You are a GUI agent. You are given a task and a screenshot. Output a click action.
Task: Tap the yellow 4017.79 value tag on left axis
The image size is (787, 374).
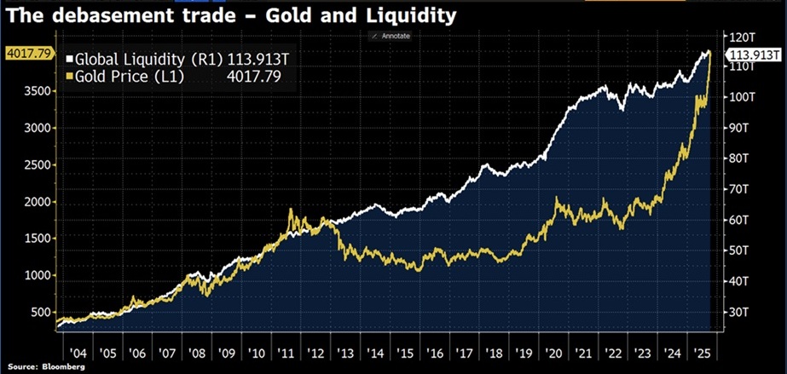click(x=28, y=54)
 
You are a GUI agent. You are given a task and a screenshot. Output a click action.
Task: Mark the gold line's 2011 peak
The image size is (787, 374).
click(x=292, y=210)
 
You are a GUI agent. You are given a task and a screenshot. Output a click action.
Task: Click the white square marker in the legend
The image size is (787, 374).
click(x=70, y=60)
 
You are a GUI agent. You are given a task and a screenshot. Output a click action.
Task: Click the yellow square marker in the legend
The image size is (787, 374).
click(x=70, y=77)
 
